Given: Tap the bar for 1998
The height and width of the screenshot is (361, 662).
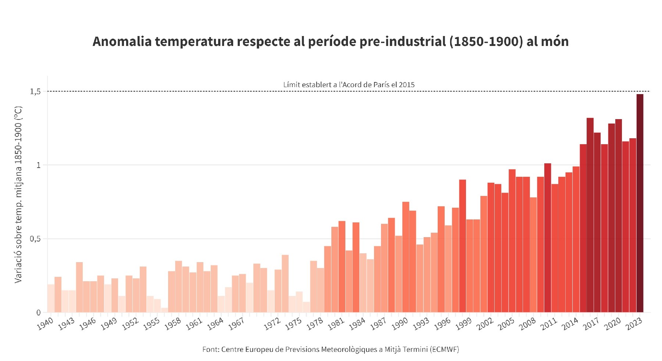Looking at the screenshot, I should click(463, 246).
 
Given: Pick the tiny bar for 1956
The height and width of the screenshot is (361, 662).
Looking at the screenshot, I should click(164, 310).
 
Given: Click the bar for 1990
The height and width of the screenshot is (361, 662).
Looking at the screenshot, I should click(406, 257).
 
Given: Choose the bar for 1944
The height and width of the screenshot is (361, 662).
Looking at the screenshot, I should click(79, 287).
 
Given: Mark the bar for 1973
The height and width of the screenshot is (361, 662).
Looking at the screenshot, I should click(285, 283).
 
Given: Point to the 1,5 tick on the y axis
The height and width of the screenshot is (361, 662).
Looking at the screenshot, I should click(35, 92).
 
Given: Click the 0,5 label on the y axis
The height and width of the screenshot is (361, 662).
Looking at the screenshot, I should click(35, 239).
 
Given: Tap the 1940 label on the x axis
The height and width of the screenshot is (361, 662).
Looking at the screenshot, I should click(45, 324).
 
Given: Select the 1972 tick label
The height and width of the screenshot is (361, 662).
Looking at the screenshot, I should click(272, 324).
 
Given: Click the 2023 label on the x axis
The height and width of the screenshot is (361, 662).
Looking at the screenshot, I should click(634, 324).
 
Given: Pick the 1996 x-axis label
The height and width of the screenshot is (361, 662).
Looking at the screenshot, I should click(442, 324).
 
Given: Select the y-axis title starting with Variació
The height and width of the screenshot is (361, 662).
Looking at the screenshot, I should click(18, 194).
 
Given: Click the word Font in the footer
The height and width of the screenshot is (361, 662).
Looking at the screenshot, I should click(210, 349).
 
